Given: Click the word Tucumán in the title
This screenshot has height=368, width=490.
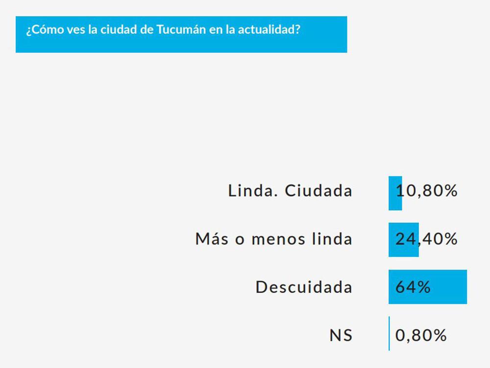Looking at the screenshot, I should [x=177, y=29].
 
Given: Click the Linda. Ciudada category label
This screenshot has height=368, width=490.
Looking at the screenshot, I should [x=290, y=191].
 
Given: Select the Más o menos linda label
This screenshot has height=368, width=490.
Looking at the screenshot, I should [x=273, y=239].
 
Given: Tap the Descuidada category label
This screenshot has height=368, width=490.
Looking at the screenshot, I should [x=304, y=287].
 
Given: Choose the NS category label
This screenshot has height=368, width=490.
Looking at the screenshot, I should [x=341, y=336].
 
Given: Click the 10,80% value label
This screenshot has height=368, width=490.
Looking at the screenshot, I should [x=427, y=191].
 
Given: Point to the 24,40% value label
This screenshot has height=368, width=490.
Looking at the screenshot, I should [x=427, y=239].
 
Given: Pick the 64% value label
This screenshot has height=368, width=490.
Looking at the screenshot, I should [x=413, y=287].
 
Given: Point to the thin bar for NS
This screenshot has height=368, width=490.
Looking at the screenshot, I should [x=389, y=334].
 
